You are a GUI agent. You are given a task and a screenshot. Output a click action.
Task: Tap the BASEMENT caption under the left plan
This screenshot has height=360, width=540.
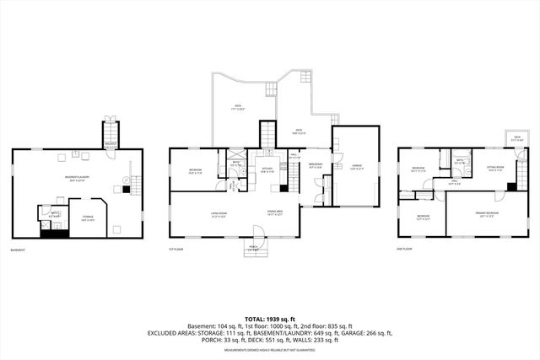tap(17, 250)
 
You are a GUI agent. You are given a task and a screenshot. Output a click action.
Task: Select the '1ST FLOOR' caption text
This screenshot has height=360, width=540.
tap(175, 250)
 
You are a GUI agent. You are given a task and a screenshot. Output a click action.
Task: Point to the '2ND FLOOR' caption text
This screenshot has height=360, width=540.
tap(405, 250)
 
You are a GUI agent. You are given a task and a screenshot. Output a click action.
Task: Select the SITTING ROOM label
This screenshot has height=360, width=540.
tap(495, 169)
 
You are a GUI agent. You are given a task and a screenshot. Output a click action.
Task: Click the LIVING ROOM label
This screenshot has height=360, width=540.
tap(221, 215)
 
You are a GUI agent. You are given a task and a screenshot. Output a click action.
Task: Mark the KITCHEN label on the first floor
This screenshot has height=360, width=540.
tap(267, 169)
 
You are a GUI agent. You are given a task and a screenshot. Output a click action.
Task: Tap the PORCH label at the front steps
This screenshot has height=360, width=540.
tap(252, 247)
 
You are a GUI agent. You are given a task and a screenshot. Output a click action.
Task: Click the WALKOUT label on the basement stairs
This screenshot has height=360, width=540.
tap(110, 144)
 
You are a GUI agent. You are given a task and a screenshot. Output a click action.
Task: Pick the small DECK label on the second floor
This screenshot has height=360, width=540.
tap(517, 138)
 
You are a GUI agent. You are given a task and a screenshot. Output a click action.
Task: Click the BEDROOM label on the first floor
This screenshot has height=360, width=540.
tap(193, 171)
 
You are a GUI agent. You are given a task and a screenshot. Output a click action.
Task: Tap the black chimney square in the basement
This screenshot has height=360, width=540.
tap(125, 190)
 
